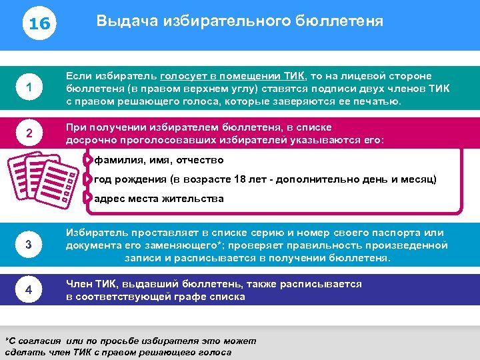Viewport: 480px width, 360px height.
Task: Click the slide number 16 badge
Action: tap(39, 23)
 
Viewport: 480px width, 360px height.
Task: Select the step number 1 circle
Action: tap(29, 87)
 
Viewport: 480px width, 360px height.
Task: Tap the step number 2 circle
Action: tap(29, 134)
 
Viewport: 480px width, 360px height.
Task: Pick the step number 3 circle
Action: tap(29, 245)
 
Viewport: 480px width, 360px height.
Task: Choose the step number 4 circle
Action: tap(29, 291)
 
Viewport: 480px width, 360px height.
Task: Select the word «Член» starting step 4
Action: tap(78, 284)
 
